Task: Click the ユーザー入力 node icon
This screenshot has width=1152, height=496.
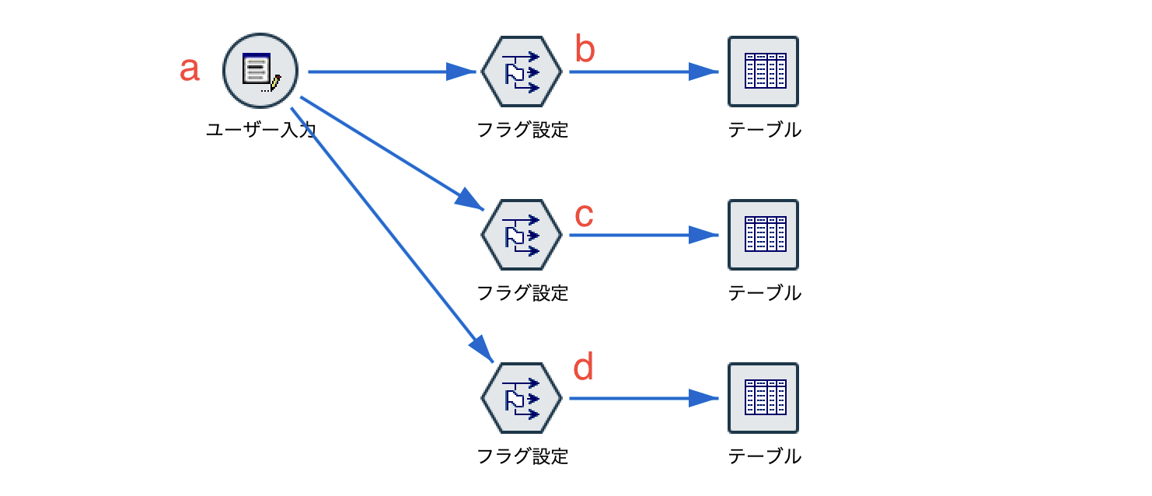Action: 260,72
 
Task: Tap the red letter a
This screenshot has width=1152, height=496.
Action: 190,69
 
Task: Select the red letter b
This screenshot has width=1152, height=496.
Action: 585,50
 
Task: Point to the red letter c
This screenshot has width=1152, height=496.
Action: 584,215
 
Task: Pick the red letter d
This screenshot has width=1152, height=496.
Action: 584,367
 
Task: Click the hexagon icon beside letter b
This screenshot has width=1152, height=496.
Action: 521,72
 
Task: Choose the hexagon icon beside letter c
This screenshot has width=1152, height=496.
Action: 521,235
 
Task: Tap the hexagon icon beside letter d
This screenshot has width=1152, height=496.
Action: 521,398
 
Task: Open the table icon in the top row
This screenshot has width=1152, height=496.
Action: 763,72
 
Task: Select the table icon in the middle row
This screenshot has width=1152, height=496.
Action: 763,235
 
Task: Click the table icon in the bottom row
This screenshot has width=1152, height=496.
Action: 763,398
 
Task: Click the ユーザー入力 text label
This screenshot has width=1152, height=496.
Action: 260,130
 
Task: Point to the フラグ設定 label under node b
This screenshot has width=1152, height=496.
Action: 522,130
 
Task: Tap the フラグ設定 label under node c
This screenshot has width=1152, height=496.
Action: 522,293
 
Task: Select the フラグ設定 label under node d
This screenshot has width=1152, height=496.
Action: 522,456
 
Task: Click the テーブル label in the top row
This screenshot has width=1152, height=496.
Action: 764,130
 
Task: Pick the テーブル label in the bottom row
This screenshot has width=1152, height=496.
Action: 764,456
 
